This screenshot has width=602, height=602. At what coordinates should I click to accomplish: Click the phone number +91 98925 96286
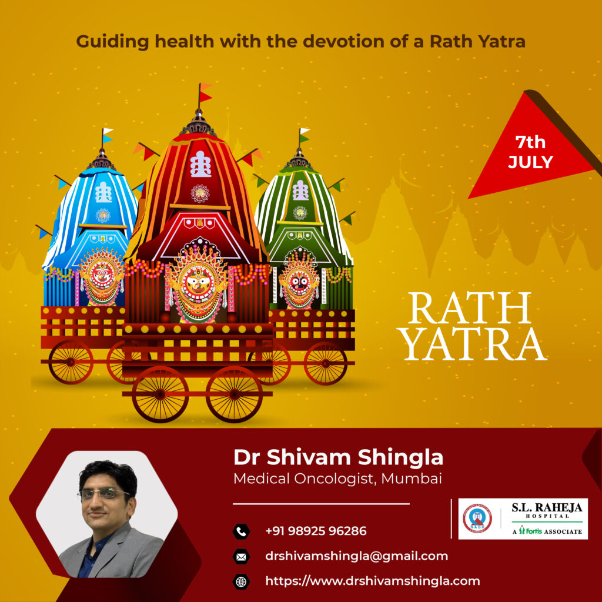(x=316, y=531)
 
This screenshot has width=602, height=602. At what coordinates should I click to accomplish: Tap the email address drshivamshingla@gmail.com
(x=357, y=556)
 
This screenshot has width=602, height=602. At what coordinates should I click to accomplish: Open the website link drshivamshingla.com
(x=372, y=581)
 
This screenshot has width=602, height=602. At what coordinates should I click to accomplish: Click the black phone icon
(x=241, y=531)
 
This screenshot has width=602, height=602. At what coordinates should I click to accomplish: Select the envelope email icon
(x=241, y=557)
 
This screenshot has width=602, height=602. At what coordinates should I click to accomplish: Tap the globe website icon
(x=241, y=582)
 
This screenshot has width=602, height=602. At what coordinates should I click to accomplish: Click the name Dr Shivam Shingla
(x=338, y=457)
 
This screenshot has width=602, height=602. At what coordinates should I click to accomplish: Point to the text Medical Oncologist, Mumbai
(x=337, y=479)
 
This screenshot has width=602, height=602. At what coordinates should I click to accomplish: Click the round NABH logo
(x=477, y=519)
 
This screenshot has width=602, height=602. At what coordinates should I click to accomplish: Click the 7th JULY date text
(x=530, y=152)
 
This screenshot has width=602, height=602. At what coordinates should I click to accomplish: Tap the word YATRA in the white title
(x=474, y=344)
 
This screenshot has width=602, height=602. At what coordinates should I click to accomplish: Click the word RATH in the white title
(x=469, y=308)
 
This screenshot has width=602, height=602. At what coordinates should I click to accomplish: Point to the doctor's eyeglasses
(x=103, y=493)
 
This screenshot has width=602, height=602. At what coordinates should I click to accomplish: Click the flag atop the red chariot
(x=205, y=92)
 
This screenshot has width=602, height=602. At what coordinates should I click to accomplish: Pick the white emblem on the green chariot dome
(x=300, y=190)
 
